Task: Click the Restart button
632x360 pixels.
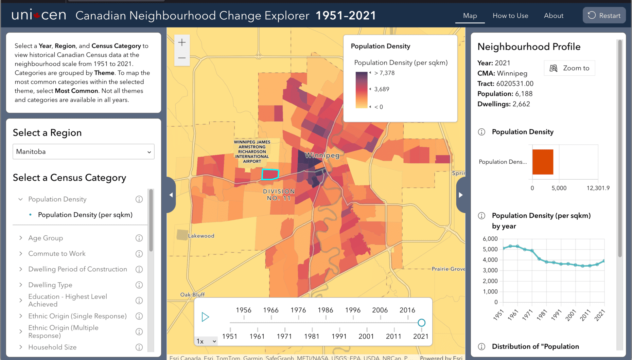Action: tap(604, 16)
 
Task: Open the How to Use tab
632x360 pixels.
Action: tap(510, 16)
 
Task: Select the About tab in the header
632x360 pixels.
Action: tap(554, 16)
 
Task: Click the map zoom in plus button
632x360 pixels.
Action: tap(182, 42)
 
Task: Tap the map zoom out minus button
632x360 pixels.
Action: tap(182, 58)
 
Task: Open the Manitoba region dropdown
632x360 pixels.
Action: tap(84, 152)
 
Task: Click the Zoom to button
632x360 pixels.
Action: tap(569, 68)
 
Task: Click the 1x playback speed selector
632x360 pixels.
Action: tap(206, 341)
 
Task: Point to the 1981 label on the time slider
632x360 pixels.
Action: tap(312, 336)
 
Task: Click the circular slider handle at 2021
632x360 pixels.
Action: tap(421, 323)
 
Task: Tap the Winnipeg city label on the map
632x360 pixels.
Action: tap(322, 156)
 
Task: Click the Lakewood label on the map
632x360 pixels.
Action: tap(201, 236)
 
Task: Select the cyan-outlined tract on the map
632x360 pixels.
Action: tap(270, 175)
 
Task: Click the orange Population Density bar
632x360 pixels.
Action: tap(543, 162)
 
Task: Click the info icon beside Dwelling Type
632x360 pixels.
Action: tap(139, 285)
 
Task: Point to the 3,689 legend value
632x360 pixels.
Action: tap(382, 89)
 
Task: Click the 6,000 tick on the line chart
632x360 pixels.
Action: tap(490, 239)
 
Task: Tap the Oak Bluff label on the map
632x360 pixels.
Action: tap(192, 294)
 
